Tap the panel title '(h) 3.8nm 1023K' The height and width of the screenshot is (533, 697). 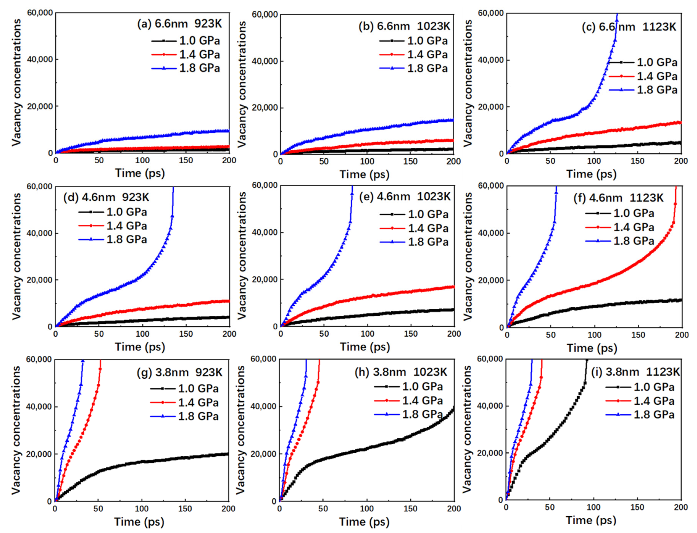coord(401,372)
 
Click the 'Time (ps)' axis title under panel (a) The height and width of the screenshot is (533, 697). coord(140,173)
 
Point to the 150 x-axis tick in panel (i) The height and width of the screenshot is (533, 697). coord(637,507)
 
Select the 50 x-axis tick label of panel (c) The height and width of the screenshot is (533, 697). coord(550,161)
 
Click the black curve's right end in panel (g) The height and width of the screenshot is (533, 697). coord(228,454)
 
